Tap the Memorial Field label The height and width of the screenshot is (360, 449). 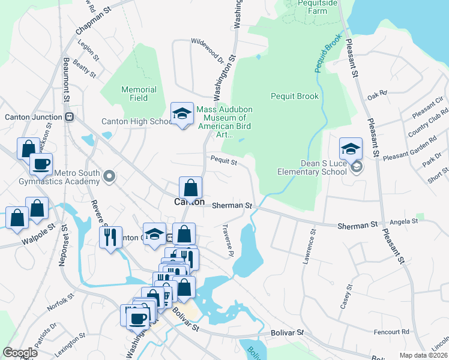coord(139,94)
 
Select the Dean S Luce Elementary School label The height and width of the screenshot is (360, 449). coord(313,167)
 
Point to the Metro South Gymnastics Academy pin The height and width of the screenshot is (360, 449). coord(109,176)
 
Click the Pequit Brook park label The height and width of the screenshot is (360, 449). coord(294,96)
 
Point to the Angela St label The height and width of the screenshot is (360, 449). coord(403,222)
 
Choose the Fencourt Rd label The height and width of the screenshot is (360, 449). coord(391,331)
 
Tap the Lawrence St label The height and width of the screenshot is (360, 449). coord(309,246)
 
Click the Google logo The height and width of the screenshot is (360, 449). coord(20,353)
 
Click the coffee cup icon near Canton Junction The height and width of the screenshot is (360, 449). coord(41,164)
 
